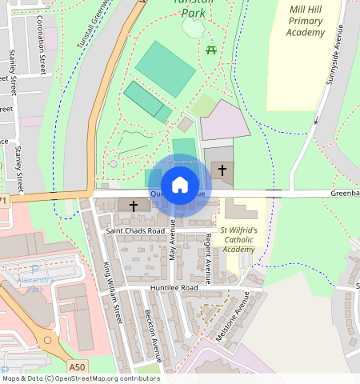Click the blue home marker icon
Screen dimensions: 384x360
tap(180, 185)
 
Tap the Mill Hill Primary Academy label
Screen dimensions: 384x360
tap(306, 21)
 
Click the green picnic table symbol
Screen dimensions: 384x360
tap(212, 50)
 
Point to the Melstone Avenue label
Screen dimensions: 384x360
tap(232, 317)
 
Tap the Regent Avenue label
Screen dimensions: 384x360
tap(208, 258)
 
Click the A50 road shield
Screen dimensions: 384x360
tap(77, 366)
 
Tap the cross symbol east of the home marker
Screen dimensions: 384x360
tap(222, 170)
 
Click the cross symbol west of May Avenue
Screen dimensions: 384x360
tap(134, 206)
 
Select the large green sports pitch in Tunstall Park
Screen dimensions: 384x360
tap(166, 67)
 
